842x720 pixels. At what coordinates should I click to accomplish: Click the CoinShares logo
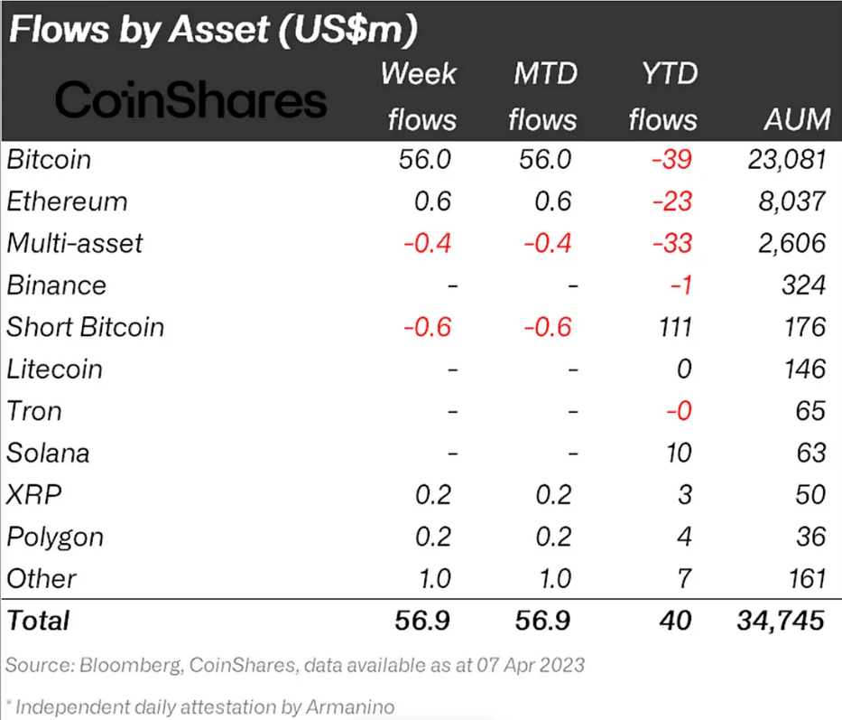(190, 101)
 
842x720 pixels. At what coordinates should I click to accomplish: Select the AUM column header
(795, 119)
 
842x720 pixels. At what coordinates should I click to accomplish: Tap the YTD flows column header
(662, 97)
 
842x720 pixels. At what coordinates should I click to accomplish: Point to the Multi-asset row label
(74, 243)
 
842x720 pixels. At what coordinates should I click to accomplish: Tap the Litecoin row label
(54, 369)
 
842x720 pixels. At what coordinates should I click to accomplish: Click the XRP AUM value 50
(810, 494)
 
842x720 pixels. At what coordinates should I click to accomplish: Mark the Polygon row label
(55, 537)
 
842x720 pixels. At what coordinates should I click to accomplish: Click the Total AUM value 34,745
(777, 621)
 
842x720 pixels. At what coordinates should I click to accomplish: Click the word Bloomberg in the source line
(123, 666)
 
